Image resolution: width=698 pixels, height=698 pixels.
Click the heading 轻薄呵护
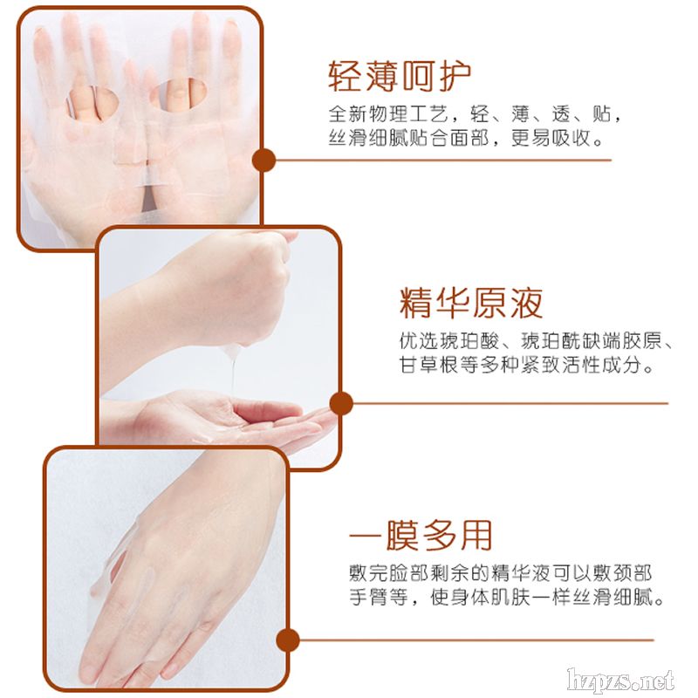tap(400, 77)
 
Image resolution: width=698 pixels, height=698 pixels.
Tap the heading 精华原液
tap(471, 303)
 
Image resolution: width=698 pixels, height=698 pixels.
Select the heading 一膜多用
tap(421, 535)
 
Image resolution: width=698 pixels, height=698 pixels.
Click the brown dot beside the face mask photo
tap(264, 160)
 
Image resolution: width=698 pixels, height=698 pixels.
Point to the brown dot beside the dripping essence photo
tap(341, 403)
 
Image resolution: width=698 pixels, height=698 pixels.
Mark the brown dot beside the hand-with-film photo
tap(288, 640)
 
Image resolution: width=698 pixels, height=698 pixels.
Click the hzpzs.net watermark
tap(620, 681)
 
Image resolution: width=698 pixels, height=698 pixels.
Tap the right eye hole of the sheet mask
tap(178, 94)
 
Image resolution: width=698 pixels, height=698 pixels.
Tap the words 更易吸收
tap(551, 138)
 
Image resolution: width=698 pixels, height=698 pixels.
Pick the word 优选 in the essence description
tap(419, 341)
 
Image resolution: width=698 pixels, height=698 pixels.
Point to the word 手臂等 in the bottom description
tap(379, 597)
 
